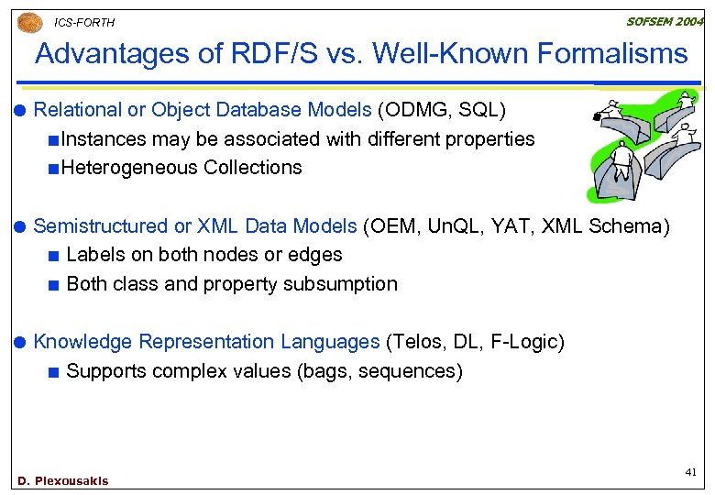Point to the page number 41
point(690,471)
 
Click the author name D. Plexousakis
point(63,480)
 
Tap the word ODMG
point(414,110)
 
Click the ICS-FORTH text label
point(85,23)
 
